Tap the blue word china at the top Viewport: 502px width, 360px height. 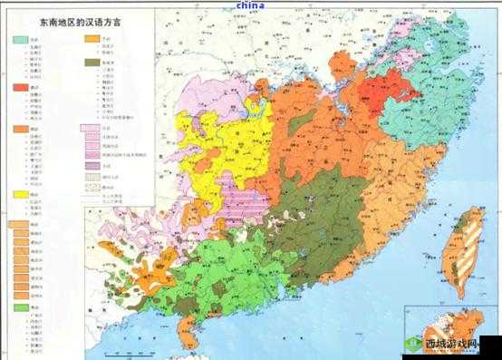[250, 5]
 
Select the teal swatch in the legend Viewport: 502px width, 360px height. [19, 41]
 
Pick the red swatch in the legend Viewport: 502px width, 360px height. [19, 87]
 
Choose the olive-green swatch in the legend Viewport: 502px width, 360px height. [92, 63]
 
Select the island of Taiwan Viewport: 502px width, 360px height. [469, 240]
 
